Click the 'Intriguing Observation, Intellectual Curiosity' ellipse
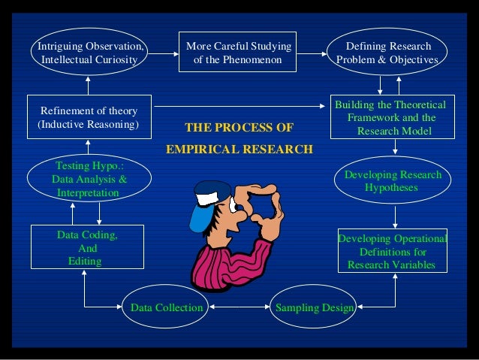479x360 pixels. click(x=89, y=52)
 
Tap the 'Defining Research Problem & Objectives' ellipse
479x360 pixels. click(x=387, y=52)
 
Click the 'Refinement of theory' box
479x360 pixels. click(x=89, y=117)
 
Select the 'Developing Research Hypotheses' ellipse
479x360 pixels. click(x=392, y=181)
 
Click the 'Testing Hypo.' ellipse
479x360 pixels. click(x=89, y=180)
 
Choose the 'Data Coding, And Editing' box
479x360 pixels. click(x=87, y=247)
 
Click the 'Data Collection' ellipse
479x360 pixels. click(x=166, y=307)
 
